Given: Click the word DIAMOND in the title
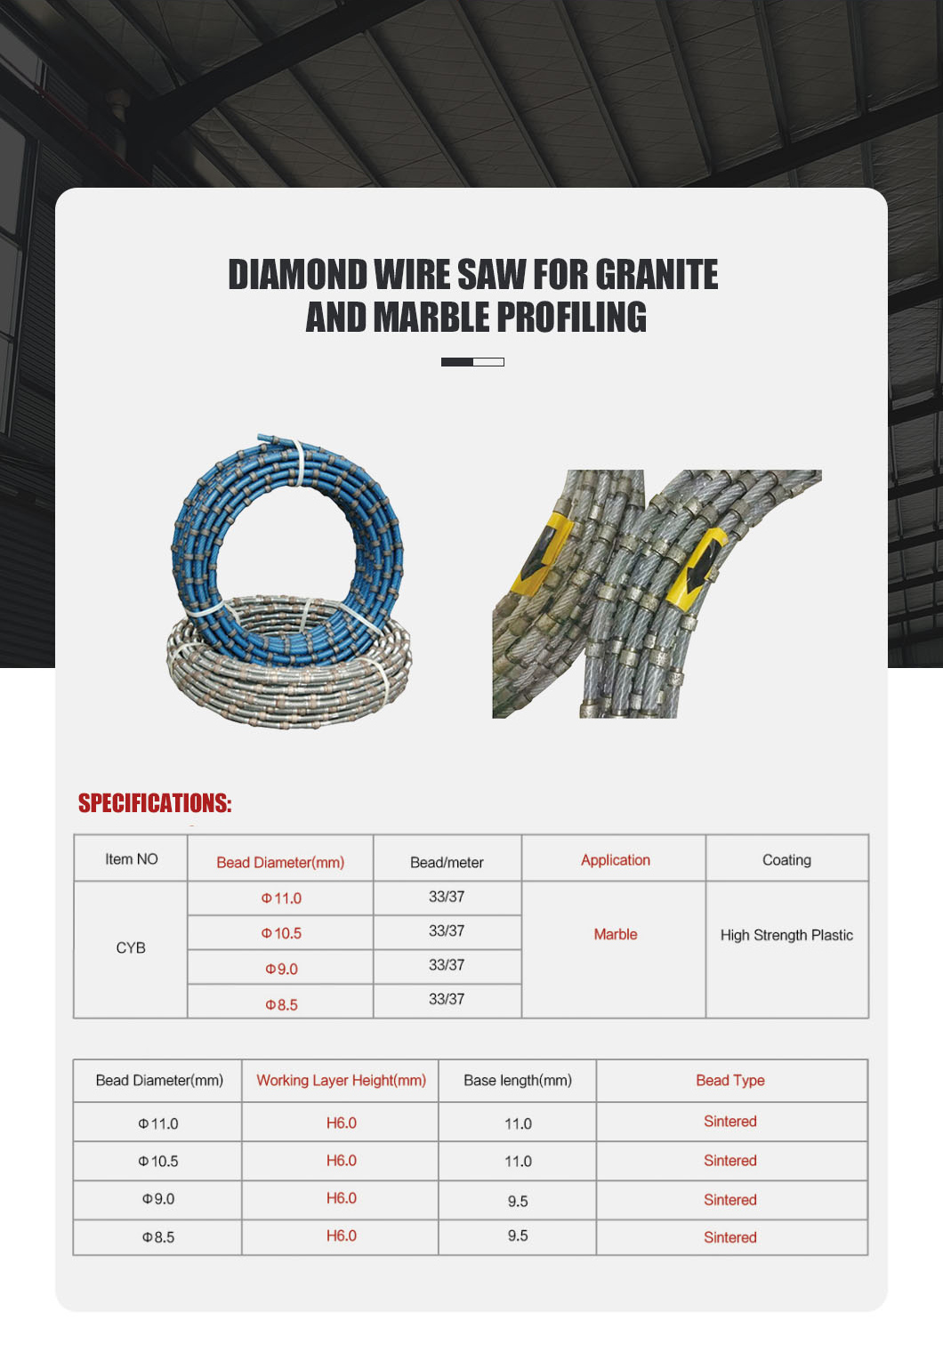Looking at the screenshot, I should click(297, 275).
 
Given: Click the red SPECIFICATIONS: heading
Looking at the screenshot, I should click(155, 803).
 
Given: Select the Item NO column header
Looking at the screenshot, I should click(131, 859).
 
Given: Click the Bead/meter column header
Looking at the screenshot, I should click(447, 862).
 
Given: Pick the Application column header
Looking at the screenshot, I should click(615, 860).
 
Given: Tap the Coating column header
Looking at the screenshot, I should click(786, 860).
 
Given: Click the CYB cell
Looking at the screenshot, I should click(131, 948).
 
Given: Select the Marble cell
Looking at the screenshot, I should click(615, 934).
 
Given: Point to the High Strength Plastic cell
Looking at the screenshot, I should click(786, 935).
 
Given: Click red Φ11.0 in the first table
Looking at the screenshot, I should click(281, 898).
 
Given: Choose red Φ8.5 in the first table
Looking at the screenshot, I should click(281, 1004).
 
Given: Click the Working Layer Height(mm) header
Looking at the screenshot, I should click(341, 1080).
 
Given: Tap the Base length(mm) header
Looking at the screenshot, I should click(517, 1080).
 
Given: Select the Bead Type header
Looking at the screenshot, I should click(729, 1080).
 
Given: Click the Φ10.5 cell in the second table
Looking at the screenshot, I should click(157, 1161).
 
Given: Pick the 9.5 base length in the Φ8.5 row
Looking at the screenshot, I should click(517, 1236).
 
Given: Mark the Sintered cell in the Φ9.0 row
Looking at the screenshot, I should click(729, 1199).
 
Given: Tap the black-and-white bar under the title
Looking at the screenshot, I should click(472, 362).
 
